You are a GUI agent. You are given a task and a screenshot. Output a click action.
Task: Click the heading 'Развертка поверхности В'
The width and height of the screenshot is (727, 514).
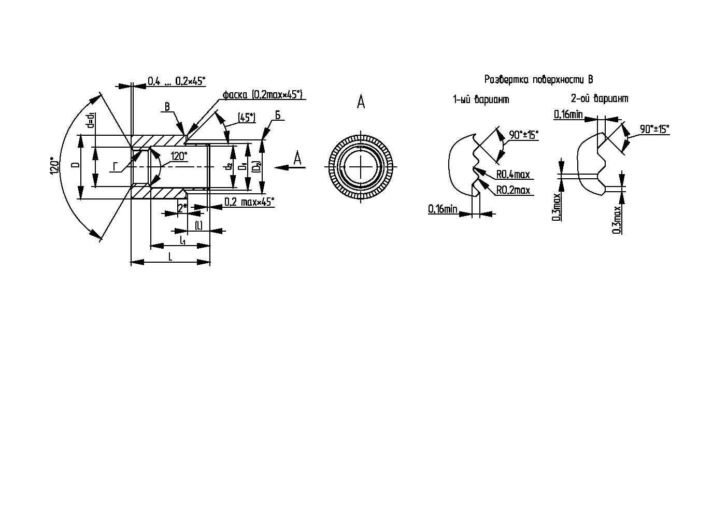[x=539, y=79]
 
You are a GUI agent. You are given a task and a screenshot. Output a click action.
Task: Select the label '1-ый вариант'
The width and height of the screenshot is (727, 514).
[x=481, y=99]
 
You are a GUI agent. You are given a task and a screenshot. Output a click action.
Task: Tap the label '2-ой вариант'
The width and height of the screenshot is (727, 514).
[x=600, y=98]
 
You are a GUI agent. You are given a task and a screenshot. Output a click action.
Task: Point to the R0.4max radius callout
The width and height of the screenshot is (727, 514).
[x=513, y=175]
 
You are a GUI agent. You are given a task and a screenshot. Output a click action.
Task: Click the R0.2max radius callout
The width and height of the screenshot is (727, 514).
[x=513, y=190]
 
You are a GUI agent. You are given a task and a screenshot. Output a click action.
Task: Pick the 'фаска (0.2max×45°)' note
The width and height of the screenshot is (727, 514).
[x=262, y=95]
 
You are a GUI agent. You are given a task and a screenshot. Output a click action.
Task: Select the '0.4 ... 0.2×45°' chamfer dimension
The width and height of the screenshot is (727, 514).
[x=177, y=81]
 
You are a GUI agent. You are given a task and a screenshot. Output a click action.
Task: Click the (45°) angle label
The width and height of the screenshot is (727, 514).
[x=247, y=118]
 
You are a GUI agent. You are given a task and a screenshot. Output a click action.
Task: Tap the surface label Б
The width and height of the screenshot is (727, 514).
[x=278, y=115]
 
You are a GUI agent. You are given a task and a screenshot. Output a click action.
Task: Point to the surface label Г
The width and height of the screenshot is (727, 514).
[x=115, y=167]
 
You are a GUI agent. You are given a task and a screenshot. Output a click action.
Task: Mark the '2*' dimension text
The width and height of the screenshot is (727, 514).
[x=183, y=208]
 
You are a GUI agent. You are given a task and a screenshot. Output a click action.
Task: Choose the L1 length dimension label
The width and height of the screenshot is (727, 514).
[x=183, y=240]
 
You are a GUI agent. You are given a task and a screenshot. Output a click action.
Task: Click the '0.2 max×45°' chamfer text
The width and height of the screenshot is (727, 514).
[x=249, y=202]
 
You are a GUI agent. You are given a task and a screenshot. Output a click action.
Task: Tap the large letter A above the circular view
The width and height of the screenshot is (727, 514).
[x=361, y=101]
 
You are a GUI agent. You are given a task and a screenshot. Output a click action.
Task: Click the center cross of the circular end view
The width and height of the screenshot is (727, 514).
[x=361, y=167]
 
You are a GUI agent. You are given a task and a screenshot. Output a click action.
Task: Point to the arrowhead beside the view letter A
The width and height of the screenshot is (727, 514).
[x=282, y=167]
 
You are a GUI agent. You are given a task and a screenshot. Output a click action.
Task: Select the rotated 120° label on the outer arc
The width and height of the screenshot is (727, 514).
[x=54, y=166]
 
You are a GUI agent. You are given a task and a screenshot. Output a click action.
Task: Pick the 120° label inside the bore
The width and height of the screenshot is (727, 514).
[x=179, y=156]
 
